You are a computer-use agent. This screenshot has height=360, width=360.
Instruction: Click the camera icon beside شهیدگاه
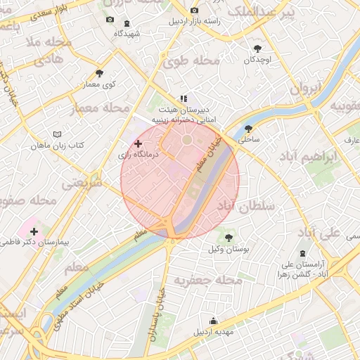click(x=109, y=19)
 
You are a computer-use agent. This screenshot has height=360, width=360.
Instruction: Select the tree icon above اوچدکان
click(x=257, y=49)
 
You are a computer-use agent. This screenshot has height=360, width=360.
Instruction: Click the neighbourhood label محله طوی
click(x=191, y=61)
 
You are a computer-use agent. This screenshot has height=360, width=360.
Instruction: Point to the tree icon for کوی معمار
click(x=98, y=73)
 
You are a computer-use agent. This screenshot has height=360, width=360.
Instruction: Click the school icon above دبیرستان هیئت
click(x=184, y=98)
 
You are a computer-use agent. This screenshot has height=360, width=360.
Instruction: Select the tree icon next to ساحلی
click(x=248, y=128)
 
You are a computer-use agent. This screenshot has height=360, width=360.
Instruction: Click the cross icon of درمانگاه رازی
click(x=138, y=143)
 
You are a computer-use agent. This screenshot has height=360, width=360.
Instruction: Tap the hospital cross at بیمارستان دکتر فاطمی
click(x=34, y=231)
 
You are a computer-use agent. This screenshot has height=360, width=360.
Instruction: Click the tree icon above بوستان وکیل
click(x=228, y=237)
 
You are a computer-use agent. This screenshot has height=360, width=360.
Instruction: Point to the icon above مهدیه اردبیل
click(x=214, y=321)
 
